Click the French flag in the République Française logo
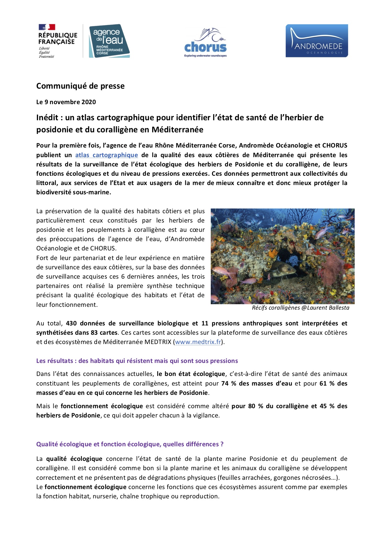click(x=47, y=27)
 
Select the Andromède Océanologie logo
click(x=316, y=41)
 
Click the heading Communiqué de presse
click(x=80, y=86)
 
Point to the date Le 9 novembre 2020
click(x=66, y=102)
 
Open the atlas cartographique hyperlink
click(x=106, y=155)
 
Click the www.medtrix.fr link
click(x=198, y=342)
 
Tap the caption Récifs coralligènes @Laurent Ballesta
click(x=300, y=308)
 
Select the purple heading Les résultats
click(x=137, y=361)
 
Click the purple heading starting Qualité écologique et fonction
click(x=130, y=444)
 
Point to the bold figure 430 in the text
click(x=71, y=323)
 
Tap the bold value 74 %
click(x=229, y=383)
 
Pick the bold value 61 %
click(x=327, y=383)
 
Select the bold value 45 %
click(x=327, y=406)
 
